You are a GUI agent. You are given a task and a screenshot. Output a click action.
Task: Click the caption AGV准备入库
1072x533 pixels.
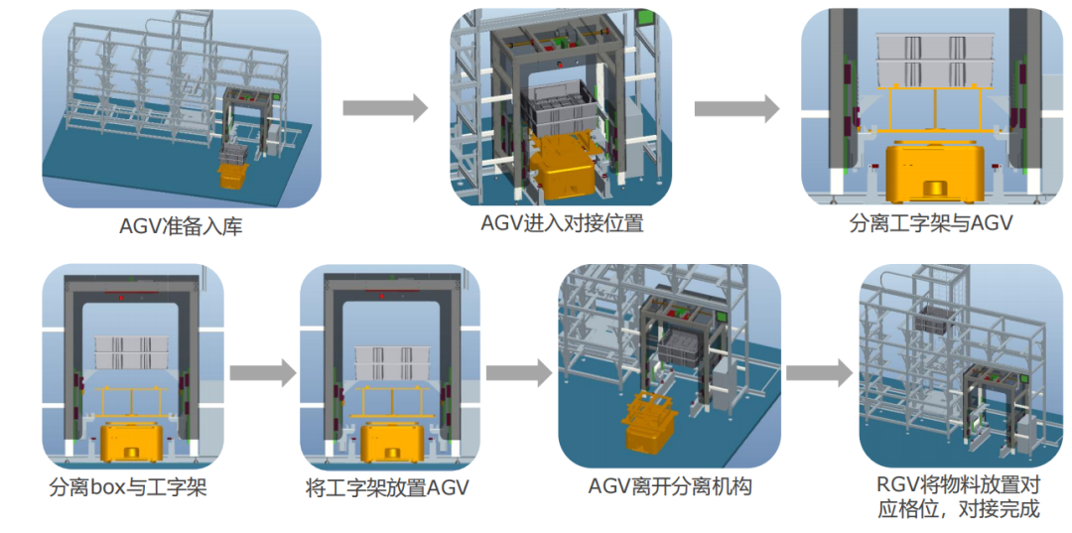tap(181, 226)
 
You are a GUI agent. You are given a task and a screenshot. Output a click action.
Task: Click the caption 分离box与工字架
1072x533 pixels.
tap(128, 488)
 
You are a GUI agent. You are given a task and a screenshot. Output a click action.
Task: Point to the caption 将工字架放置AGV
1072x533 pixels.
tap(387, 488)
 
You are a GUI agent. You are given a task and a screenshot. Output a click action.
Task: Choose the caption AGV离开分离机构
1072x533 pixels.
tap(670, 486)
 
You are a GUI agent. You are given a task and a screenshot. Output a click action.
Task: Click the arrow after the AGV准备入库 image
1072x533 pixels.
tap(385, 108)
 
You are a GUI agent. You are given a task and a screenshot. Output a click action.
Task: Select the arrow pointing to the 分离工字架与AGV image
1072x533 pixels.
tap(737, 108)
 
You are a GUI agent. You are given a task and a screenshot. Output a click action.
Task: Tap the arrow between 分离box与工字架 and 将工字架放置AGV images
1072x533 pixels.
tap(262, 373)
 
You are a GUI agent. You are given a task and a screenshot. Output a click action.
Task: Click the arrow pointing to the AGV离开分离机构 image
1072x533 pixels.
tap(519, 373)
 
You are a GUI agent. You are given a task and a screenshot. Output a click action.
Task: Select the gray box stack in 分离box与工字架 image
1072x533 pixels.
tap(132, 351)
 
